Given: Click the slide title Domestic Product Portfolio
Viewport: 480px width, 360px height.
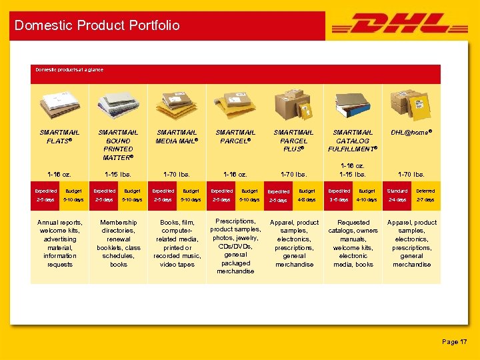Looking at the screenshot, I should [97, 25].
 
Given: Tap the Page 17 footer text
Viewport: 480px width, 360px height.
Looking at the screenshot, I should [454, 341].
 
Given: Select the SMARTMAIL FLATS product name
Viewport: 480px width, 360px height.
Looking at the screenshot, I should [59, 136].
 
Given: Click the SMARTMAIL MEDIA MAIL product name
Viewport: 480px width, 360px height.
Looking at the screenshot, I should [177, 136].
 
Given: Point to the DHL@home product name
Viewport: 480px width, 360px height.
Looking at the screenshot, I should [411, 132].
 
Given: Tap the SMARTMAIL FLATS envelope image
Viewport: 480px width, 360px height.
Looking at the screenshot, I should [59, 102].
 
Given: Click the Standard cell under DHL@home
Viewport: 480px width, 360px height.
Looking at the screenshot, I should [397, 191].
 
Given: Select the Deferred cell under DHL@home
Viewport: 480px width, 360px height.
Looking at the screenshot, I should [425, 191].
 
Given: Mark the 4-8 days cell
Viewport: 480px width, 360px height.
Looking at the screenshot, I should [307, 199].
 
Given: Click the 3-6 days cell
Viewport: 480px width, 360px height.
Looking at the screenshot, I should [339, 199].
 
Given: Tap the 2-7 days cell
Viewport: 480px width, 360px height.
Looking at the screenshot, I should [425, 199].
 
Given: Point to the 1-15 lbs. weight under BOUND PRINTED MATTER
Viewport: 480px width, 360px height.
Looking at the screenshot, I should [118, 175].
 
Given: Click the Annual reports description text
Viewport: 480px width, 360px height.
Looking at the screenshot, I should [59, 243].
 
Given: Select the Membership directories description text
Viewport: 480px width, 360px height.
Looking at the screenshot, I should [118, 243].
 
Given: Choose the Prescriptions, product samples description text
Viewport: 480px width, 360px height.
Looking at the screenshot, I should [235, 246].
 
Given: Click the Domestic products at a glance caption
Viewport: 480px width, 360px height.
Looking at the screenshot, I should [69, 69].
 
